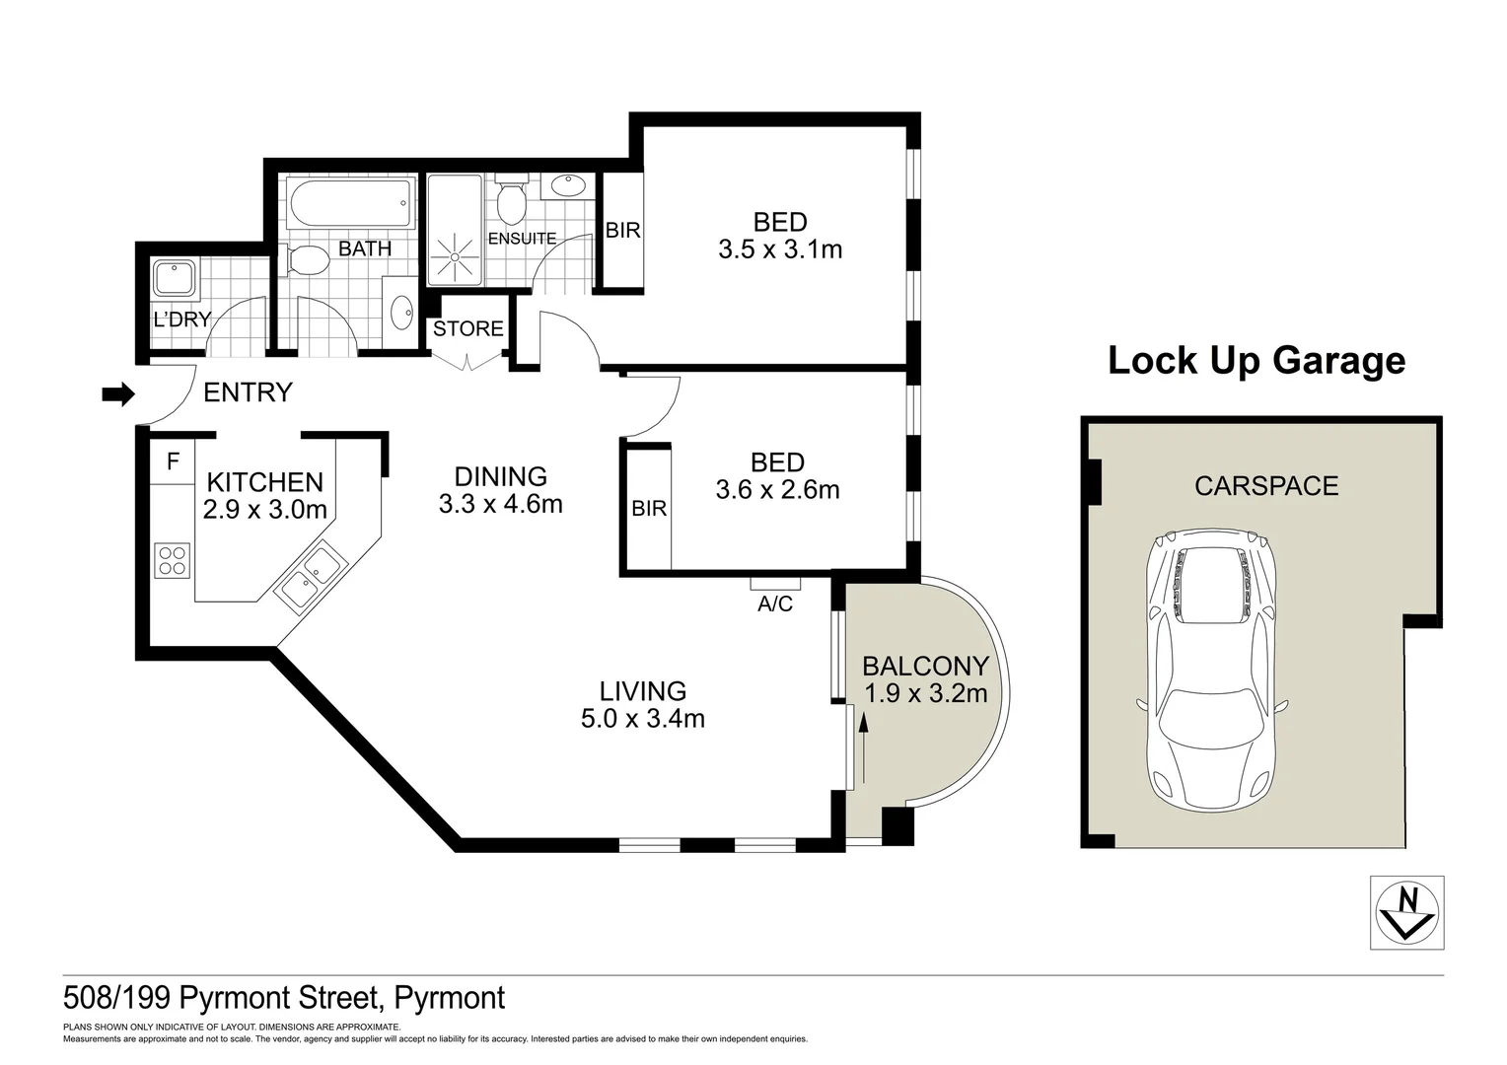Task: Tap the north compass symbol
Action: tap(1407, 912)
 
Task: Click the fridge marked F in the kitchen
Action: tap(174, 461)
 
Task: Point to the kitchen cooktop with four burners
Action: tap(172, 560)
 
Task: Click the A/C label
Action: tap(774, 603)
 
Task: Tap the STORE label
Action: tap(468, 328)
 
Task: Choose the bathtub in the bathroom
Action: tap(350, 203)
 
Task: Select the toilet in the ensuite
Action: tap(510, 201)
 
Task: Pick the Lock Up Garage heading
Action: tap(1256, 360)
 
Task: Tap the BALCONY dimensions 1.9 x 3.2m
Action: tap(925, 693)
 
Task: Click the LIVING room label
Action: tap(643, 691)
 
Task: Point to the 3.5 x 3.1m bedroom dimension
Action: tap(780, 249)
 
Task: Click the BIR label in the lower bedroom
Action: tap(649, 509)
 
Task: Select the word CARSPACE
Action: tap(1266, 485)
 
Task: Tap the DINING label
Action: tap(501, 477)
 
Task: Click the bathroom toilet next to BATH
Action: tap(308, 260)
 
